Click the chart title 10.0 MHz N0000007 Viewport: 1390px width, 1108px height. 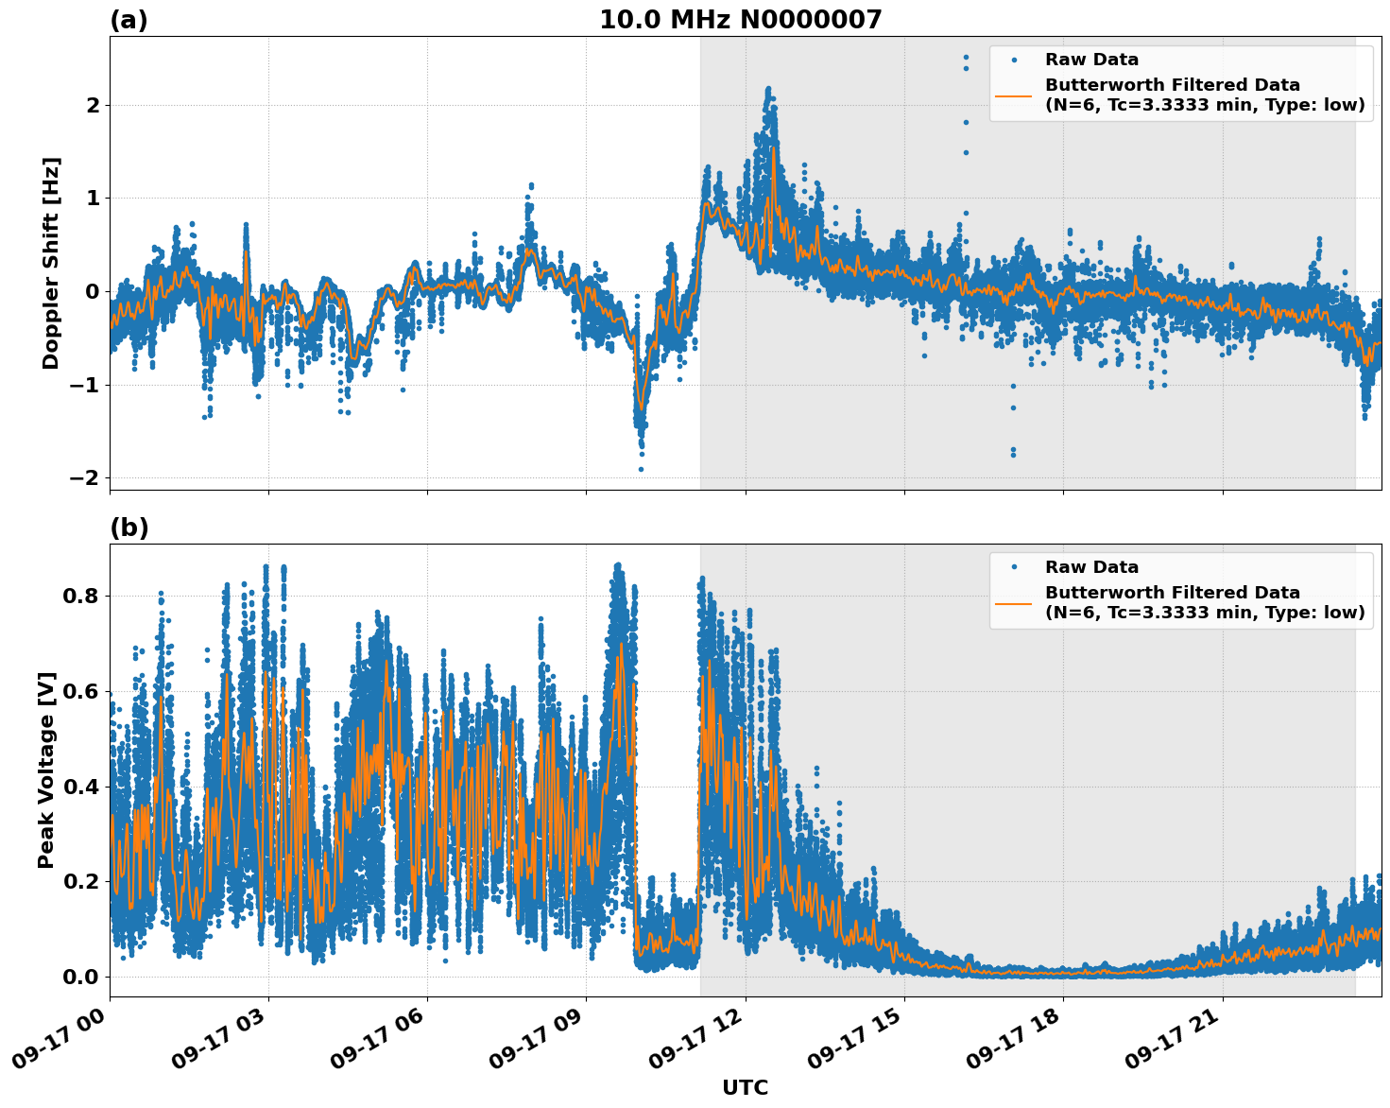tap(740, 20)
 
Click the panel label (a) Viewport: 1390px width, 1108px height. tap(129, 20)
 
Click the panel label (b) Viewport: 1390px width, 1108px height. tap(129, 528)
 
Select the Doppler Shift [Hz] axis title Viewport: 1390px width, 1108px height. tap(51, 263)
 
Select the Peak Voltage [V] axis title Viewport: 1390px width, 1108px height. tap(46, 770)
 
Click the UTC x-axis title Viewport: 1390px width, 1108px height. tap(745, 1087)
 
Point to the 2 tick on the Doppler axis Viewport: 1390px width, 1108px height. tap(93, 105)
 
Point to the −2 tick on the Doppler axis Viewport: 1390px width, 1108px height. tap(85, 477)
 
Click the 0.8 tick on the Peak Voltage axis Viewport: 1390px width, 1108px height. tap(81, 596)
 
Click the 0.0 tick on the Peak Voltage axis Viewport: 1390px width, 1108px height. tap(81, 977)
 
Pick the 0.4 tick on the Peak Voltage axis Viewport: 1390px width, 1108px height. tap(81, 787)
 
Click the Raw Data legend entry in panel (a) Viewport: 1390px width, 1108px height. tap(1091, 60)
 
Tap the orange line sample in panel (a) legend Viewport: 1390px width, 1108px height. tap(1013, 95)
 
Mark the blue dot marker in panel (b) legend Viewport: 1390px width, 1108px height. tap(1013, 567)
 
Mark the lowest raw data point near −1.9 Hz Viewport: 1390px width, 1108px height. tap(641, 469)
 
